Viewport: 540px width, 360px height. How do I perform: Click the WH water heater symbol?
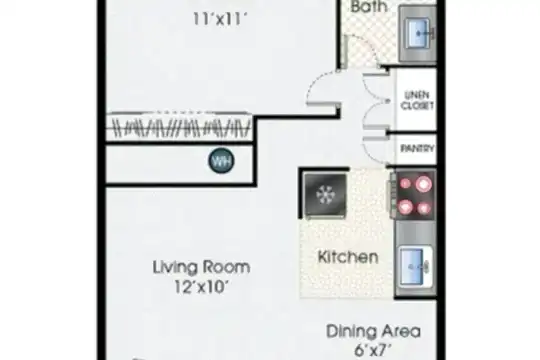click(221, 161)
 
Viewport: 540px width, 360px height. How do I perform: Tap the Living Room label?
click(201, 267)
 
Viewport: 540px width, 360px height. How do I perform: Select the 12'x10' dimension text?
click(201, 287)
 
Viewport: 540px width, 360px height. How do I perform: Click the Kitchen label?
click(348, 257)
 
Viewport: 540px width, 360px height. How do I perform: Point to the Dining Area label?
click(373, 331)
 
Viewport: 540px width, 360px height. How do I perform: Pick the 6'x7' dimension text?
click(373, 350)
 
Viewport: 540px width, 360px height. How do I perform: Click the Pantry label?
click(417, 148)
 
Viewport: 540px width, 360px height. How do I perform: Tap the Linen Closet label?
click(417, 100)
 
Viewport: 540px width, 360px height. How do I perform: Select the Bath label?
click(368, 7)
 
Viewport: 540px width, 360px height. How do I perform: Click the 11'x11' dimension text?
click(220, 19)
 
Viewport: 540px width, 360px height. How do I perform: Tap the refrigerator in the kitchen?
click(325, 195)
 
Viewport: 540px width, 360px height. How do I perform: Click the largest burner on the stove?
click(423, 184)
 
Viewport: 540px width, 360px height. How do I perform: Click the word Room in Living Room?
click(227, 267)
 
